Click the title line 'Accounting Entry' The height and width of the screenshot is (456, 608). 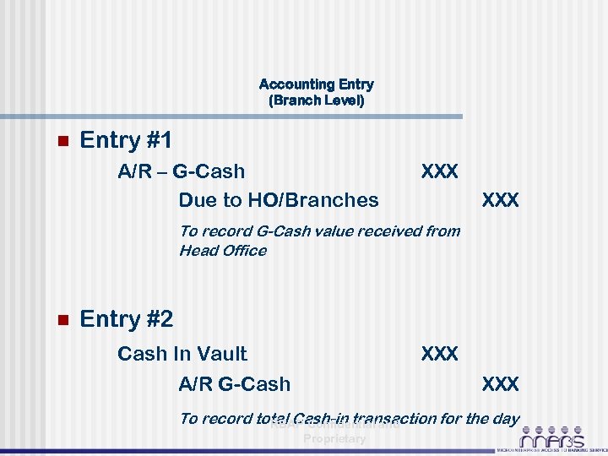tap(316, 84)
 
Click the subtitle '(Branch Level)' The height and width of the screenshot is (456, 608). tap(316, 100)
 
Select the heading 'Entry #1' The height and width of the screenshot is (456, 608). tap(126, 140)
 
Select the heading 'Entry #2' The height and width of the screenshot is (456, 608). tap(126, 319)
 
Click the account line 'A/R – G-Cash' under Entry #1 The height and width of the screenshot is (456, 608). tap(181, 171)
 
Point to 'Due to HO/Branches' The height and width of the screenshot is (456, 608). tap(279, 200)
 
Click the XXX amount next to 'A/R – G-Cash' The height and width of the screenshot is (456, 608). tap(439, 171)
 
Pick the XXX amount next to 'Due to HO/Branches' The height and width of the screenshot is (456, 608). tap(500, 200)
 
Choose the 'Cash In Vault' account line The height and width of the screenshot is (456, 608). tap(182, 354)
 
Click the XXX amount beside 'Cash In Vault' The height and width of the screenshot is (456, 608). tap(439, 354)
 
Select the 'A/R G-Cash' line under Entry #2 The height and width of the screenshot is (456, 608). tap(234, 384)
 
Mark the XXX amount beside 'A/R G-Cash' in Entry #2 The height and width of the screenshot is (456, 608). tap(500, 384)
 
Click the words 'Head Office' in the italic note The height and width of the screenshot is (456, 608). tap(222, 250)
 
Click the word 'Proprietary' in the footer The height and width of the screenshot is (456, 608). tap(334, 438)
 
